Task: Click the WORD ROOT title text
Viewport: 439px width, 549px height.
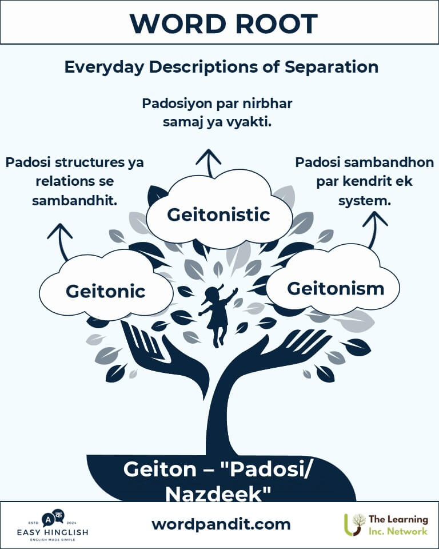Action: coord(219,23)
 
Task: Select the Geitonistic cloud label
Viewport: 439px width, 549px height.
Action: coord(218,214)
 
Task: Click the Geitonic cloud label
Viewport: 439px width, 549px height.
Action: coord(105,291)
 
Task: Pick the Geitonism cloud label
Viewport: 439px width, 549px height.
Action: coord(336,288)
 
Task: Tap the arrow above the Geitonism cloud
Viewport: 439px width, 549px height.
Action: coord(375,227)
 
